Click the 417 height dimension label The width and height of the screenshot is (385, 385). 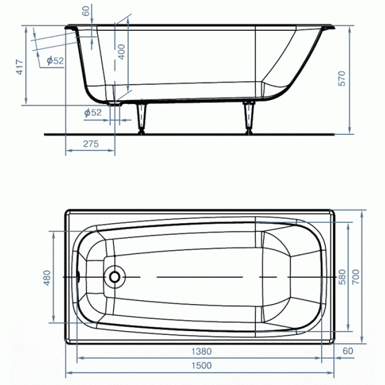pos(19,67)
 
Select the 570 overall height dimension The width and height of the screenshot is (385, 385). pos(342,79)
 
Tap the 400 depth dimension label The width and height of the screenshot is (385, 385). pos(122,52)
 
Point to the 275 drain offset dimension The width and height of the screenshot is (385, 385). pos(91,144)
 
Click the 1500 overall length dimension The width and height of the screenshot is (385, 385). pos(201,365)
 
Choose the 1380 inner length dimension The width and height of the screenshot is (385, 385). pos(201,351)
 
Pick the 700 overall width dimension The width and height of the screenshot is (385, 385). pos(356,277)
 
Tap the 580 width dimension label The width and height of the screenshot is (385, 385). pos(342,277)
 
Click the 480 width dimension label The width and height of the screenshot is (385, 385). pos(47,278)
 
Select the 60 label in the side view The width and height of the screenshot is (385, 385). pos(86,11)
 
